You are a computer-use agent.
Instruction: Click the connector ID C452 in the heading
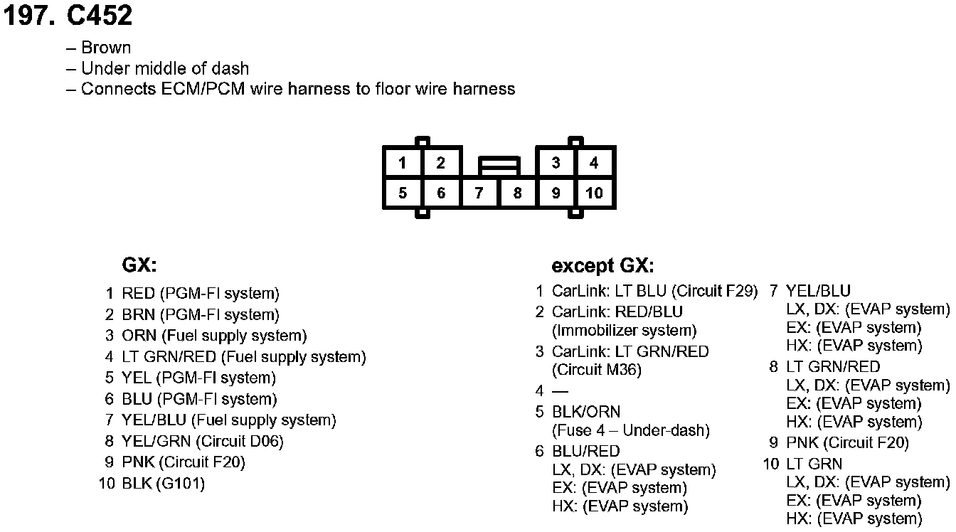(100, 16)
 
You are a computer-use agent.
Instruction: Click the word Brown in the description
(106, 48)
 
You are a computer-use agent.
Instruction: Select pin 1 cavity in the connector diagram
(403, 163)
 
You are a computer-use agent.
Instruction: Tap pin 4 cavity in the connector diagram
(594, 163)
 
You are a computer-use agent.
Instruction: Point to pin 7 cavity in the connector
(479, 193)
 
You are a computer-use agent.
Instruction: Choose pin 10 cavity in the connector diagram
(594, 193)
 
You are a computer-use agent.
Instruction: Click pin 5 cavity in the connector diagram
(403, 193)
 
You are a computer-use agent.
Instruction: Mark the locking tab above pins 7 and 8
(499, 166)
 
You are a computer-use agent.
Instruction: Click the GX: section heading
(139, 266)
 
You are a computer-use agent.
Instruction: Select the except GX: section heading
(602, 267)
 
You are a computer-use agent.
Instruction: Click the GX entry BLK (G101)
(163, 484)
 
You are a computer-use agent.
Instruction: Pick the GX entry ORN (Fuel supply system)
(214, 336)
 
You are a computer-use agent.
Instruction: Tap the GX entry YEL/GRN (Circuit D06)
(203, 442)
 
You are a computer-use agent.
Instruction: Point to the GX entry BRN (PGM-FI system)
(200, 314)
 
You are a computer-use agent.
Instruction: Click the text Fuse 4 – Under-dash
(631, 430)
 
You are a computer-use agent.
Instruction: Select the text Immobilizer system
(625, 331)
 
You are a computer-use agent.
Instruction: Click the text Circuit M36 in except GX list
(597, 370)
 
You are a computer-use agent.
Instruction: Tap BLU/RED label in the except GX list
(586, 452)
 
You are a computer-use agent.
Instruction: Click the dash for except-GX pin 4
(561, 391)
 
